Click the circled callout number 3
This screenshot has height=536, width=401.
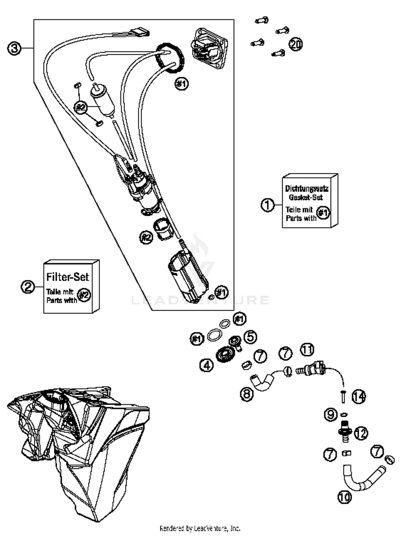click(x=14, y=48)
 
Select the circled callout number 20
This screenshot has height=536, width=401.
click(x=295, y=44)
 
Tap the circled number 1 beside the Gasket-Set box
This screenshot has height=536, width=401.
click(x=267, y=205)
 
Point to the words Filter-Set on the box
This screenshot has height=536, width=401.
click(x=67, y=277)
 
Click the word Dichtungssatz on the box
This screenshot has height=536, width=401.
click(x=307, y=189)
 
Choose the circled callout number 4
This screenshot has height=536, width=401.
click(x=207, y=365)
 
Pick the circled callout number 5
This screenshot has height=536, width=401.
click(x=250, y=337)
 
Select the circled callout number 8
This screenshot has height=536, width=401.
click(x=246, y=394)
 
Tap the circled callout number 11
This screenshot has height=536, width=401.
click(x=307, y=350)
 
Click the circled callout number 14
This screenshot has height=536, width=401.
click(x=358, y=396)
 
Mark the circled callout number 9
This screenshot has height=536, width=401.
click(x=331, y=415)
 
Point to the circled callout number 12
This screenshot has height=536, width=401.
click(x=361, y=433)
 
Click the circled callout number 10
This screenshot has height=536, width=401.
click(x=344, y=497)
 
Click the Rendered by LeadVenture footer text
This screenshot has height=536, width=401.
click(x=200, y=528)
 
